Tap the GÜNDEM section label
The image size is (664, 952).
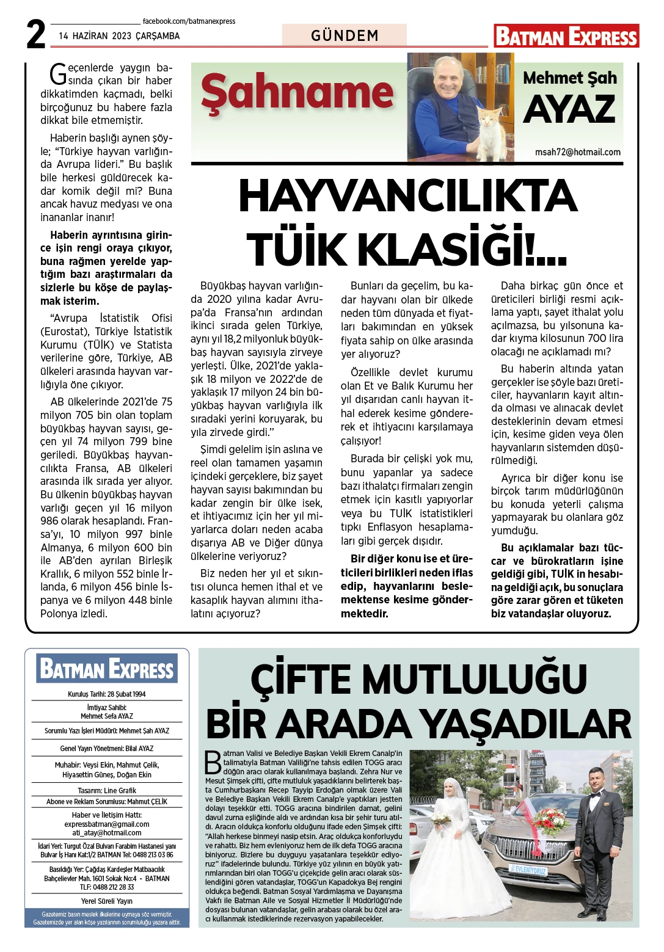345,35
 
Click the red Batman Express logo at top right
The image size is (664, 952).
566,36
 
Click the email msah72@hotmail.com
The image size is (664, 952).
577,152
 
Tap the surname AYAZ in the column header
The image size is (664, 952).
569,109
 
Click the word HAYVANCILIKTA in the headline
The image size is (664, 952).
407,197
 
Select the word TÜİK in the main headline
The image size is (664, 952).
296,249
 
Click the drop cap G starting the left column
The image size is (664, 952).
58,74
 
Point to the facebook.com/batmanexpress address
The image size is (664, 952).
189,21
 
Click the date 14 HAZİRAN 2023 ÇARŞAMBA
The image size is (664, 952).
119,36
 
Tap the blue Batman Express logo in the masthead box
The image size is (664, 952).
107,669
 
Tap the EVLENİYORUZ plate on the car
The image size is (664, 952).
528,870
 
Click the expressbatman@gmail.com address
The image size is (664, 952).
107,824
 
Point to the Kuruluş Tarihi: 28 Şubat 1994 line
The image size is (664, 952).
107,694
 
